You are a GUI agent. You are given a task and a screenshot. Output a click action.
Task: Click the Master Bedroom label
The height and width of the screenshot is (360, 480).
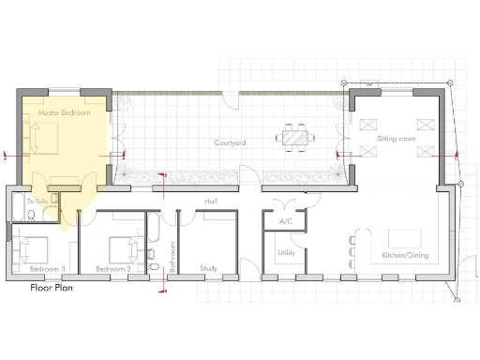point(63,113)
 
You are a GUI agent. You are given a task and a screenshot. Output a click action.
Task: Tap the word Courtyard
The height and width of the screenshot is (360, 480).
point(229,142)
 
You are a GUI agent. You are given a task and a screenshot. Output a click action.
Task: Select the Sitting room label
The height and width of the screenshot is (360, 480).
point(395,139)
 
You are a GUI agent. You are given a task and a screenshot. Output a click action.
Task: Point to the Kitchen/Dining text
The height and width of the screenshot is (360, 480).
point(405,255)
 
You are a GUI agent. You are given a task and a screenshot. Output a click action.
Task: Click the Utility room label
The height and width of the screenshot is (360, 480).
point(286,253)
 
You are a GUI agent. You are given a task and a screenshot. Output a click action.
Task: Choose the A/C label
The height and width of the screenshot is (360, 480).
point(286,221)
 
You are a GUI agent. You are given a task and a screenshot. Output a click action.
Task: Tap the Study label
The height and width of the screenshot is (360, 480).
point(209,268)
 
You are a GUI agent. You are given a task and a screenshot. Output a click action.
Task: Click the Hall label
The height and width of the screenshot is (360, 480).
point(211,202)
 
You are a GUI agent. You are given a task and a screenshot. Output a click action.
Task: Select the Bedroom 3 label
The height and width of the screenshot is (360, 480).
point(47,269)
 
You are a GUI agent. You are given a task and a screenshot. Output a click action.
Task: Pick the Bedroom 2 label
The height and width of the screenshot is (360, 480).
point(113,269)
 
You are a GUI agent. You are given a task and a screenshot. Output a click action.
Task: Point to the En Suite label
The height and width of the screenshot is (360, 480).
point(37,201)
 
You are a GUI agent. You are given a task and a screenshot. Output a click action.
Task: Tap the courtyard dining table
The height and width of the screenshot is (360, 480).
point(294,137)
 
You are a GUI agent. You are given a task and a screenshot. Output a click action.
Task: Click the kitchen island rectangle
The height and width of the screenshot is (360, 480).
point(406,234)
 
